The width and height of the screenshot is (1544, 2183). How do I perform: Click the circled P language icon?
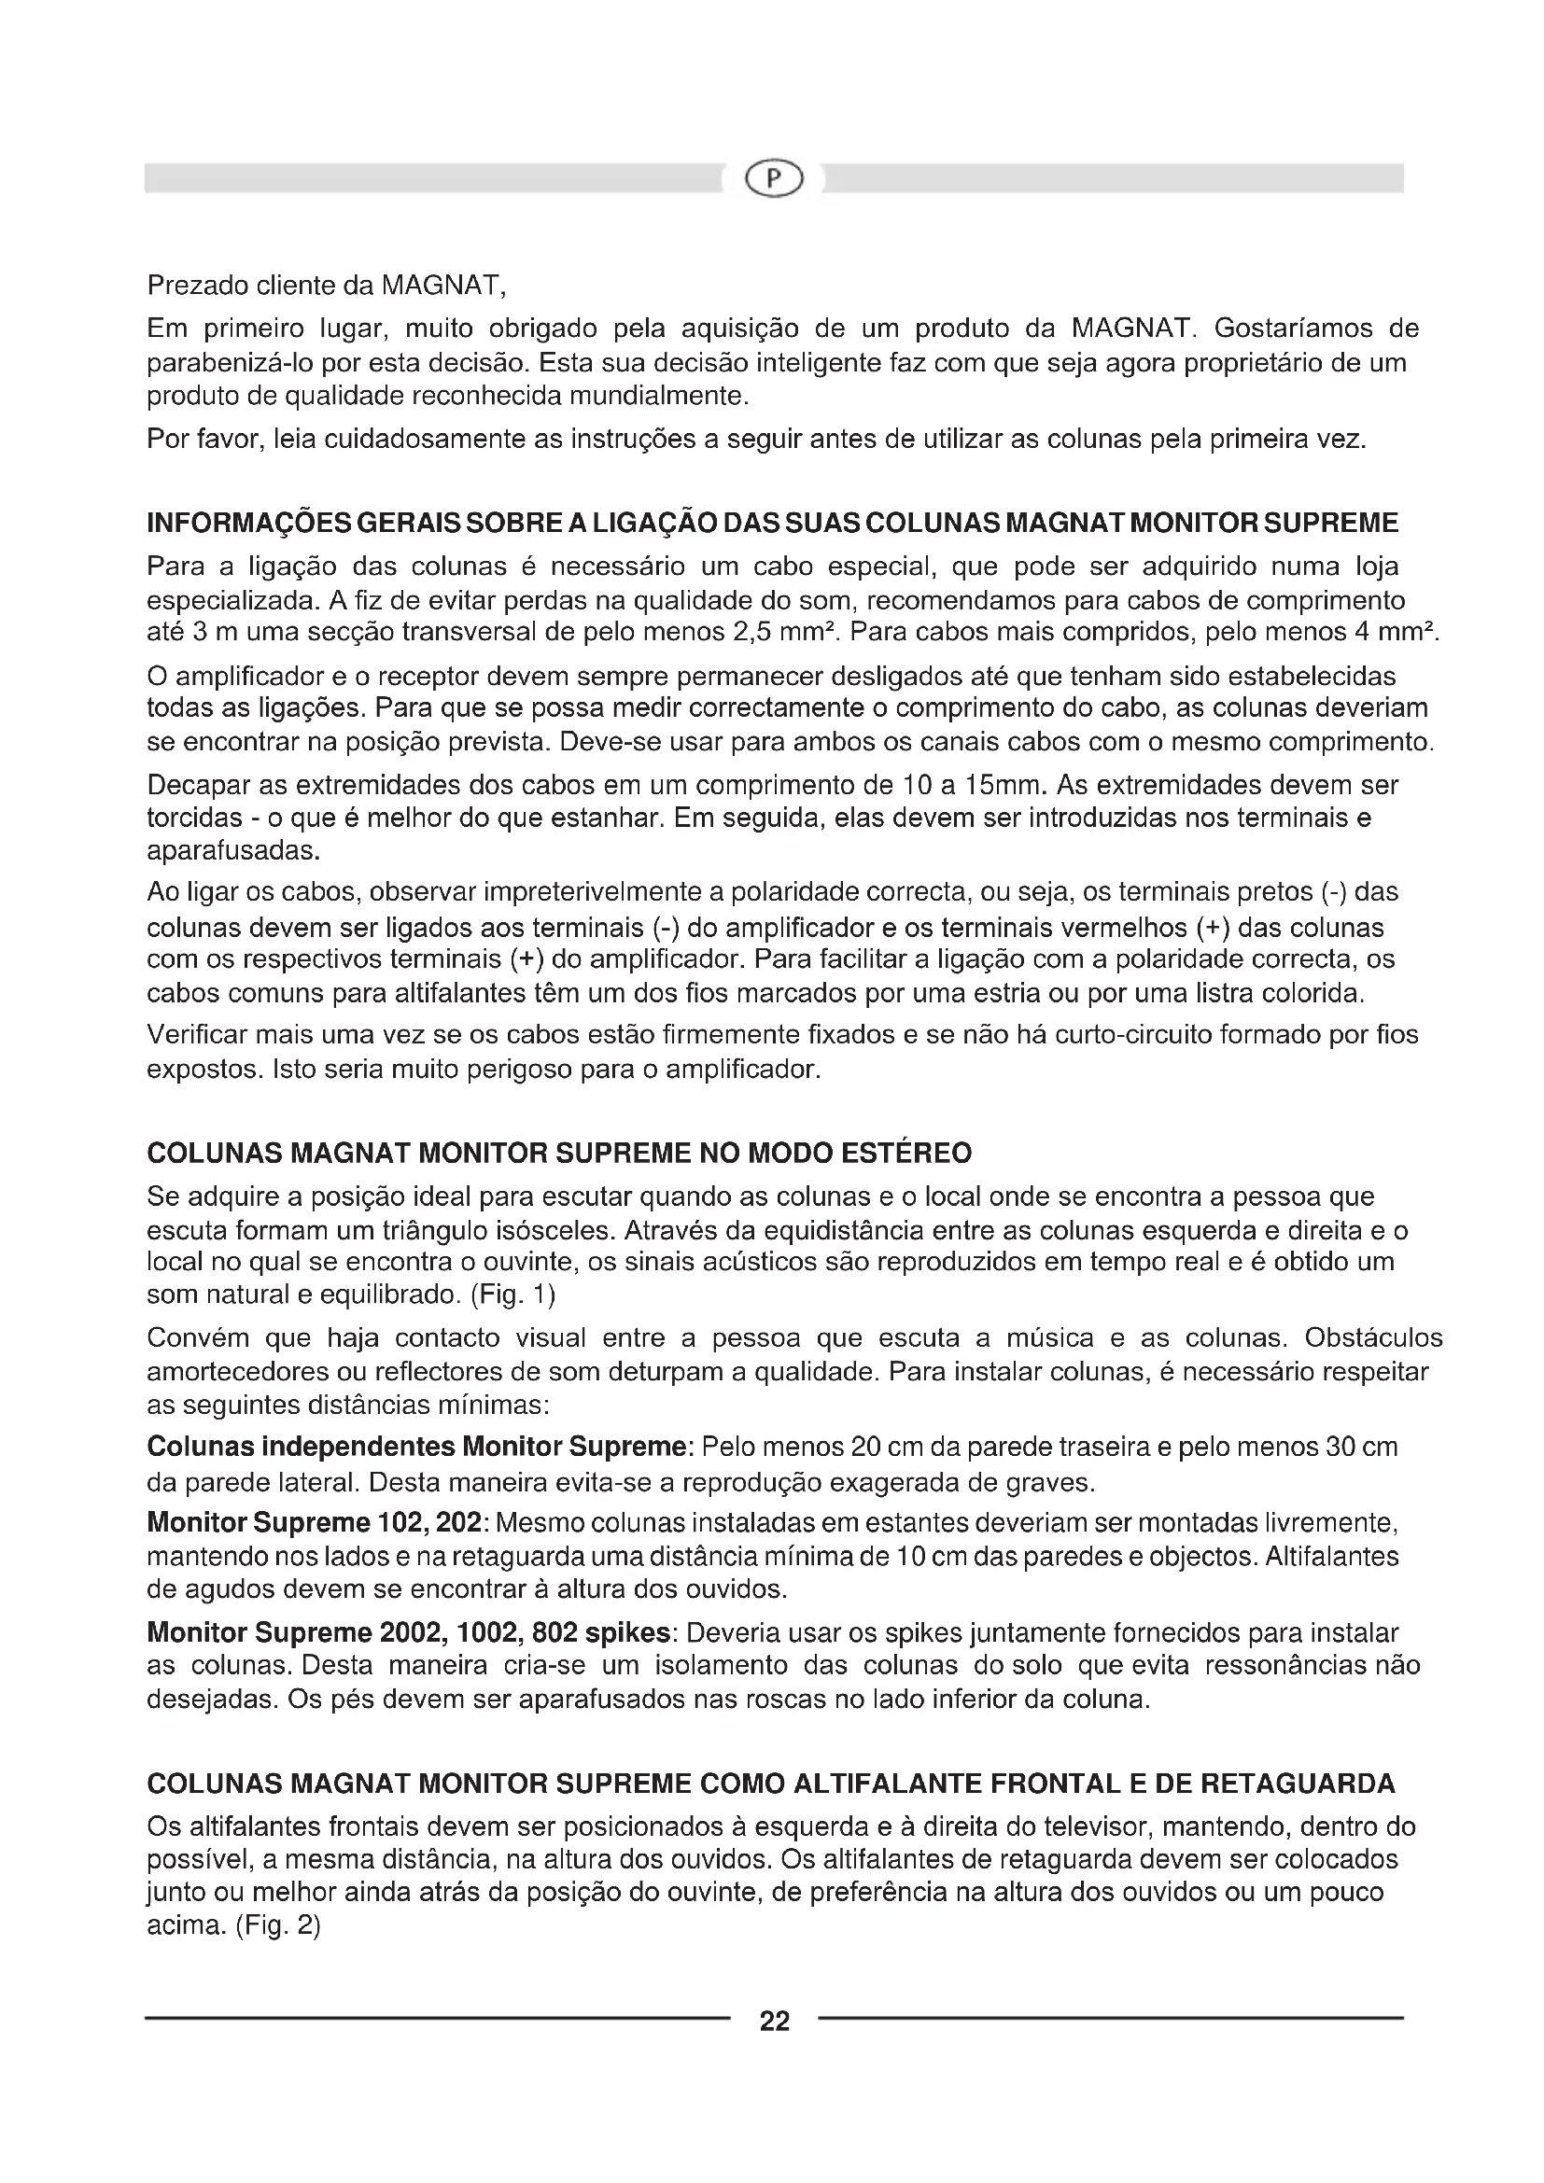773,178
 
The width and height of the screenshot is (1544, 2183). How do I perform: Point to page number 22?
775,2021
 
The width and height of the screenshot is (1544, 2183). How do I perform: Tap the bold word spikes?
628,1633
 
